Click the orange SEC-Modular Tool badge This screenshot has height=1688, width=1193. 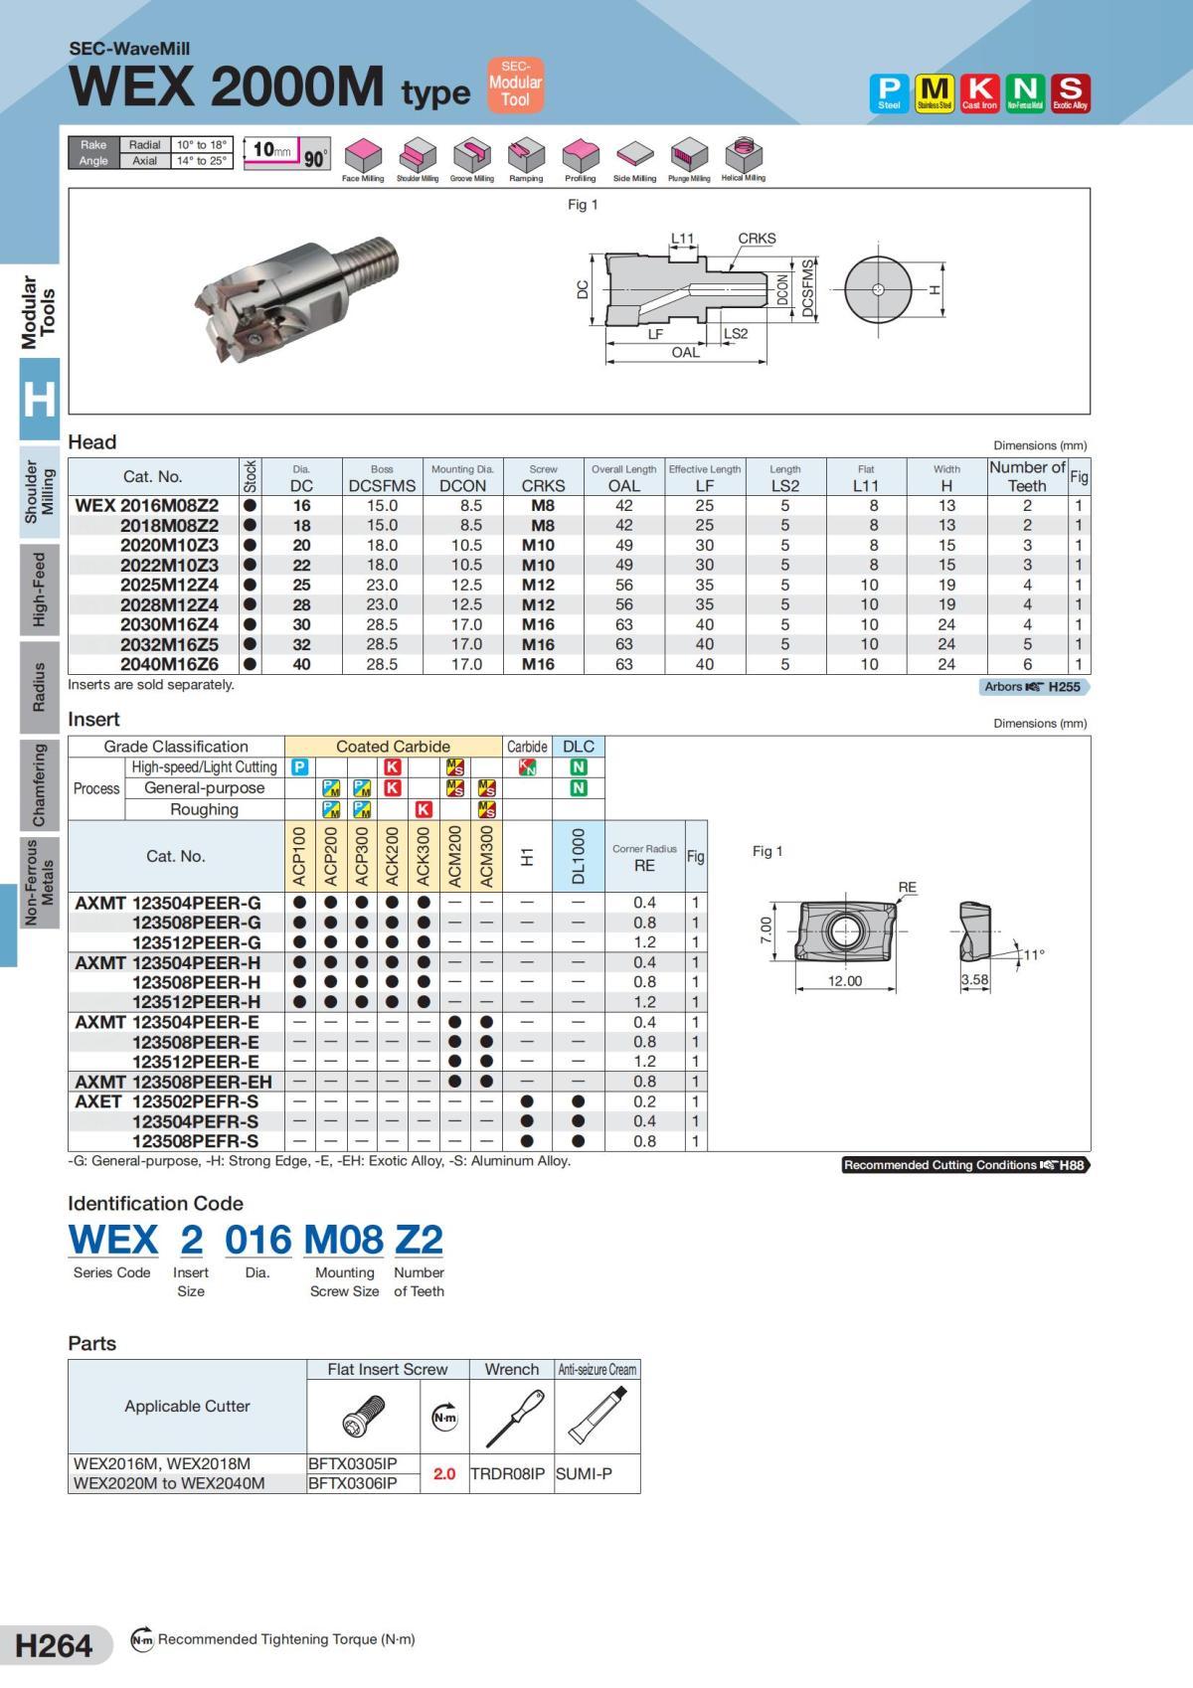pyautogui.click(x=516, y=84)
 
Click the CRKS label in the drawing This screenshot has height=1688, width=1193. pyautogui.click(x=757, y=239)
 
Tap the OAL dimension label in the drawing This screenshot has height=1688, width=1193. pyautogui.click(x=685, y=352)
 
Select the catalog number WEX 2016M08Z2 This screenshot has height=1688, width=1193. pyautogui.click(x=146, y=506)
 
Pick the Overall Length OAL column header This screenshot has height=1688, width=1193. pyautogui.click(x=624, y=478)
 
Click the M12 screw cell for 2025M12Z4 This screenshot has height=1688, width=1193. pyautogui.click(x=538, y=585)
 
